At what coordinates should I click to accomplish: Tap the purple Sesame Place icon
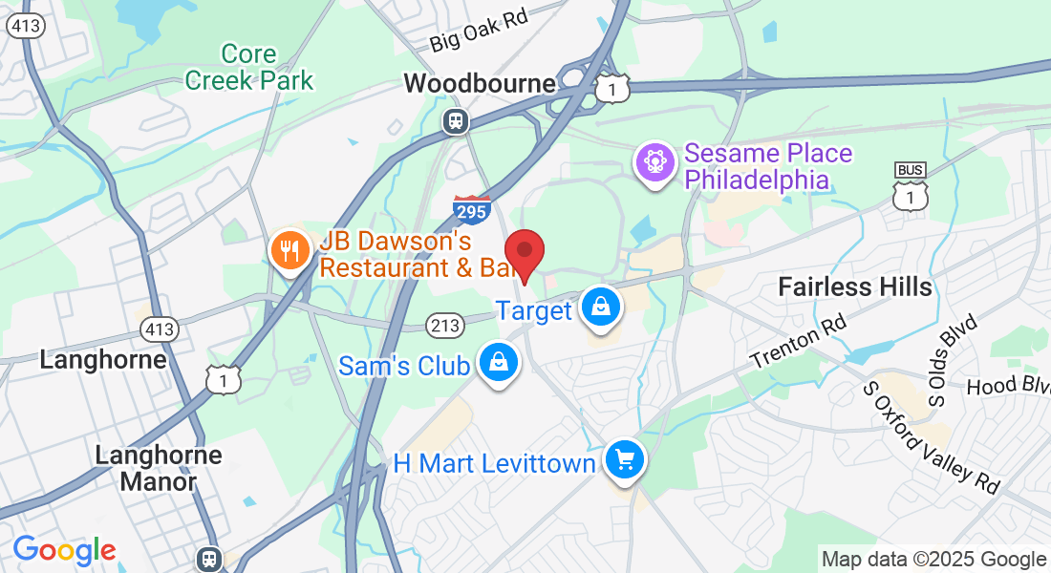point(656,160)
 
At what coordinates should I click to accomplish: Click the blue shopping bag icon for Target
point(600,308)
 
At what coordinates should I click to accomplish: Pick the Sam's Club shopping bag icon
point(498,363)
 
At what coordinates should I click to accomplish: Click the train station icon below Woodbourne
point(457,120)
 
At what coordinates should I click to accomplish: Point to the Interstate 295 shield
point(472,208)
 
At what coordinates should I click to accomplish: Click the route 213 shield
point(446,326)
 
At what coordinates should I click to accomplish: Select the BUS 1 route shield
point(910,186)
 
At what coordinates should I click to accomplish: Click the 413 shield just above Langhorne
point(159,329)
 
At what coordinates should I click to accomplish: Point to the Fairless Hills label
point(854,286)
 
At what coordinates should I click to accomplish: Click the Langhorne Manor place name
point(159,468)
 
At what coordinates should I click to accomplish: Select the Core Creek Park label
point(249,67)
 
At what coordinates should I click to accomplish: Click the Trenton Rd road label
point(798,346)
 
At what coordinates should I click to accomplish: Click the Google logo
point(64,550)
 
